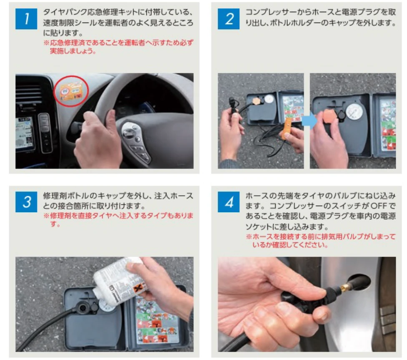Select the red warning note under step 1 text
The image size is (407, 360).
(x=118, y=46)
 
